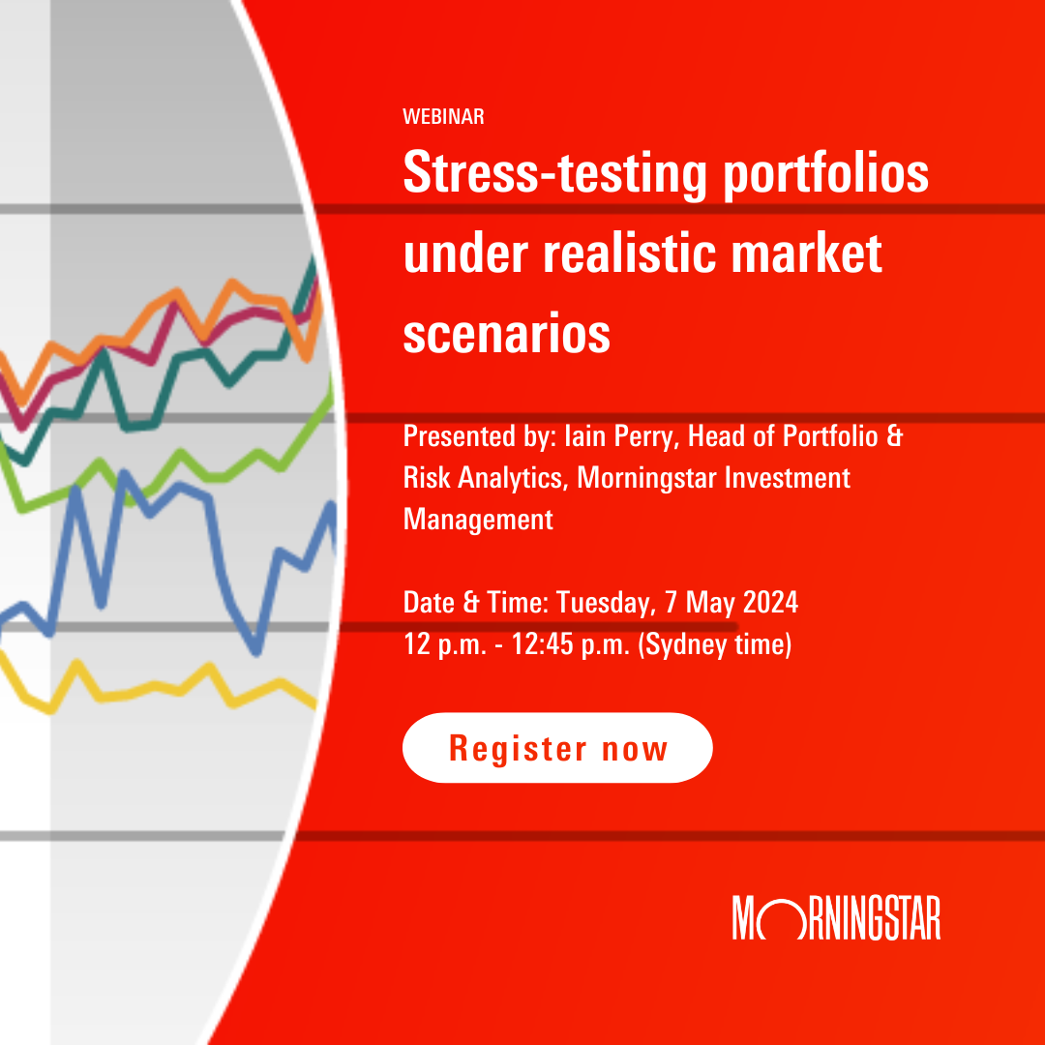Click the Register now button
[x=557, y=748]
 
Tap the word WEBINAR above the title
[x=443, y=117]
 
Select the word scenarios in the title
[x=506, y=332]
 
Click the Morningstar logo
[x=836, y=917]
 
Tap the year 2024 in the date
[x=770, y=602]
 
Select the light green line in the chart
[x=194, y=463]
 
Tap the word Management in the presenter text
[x=478, y=520]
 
